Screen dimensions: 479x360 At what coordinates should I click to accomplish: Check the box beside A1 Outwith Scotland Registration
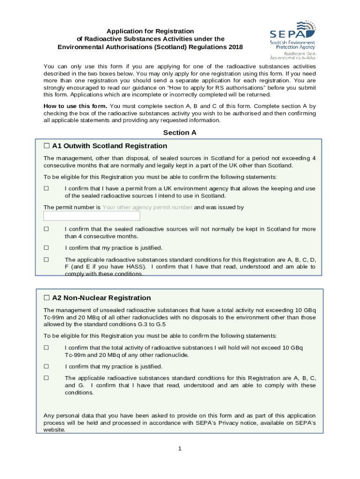pos(47,146)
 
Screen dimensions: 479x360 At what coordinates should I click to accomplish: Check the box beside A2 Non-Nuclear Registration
pos(47,298)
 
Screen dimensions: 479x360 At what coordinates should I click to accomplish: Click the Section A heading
pos(180,132)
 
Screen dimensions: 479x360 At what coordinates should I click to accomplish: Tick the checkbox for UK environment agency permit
pos(46,189)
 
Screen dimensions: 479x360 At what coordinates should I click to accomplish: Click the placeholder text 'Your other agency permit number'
pos(147,207)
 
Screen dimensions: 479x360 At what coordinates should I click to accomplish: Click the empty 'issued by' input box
pos(92,216)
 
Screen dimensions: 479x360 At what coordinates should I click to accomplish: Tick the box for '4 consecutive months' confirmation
pos(46,229)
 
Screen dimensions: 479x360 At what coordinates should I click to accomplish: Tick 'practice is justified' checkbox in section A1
pos(46,248)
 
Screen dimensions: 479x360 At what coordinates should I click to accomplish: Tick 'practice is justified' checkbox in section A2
pos(46,367)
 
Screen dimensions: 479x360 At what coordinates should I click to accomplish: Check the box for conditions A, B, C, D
pos(46,260)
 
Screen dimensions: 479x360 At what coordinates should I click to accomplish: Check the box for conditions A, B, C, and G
pos(46,378)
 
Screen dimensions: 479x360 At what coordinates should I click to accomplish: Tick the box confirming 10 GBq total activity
pos(46,348)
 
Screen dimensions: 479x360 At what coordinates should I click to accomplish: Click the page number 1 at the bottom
pos(179,449)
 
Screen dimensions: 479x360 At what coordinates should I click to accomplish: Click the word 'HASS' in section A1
pos(136,267)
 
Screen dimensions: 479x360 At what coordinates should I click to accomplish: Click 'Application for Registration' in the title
pos(150,31)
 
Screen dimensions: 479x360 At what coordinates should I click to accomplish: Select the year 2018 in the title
pos(235,47)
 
